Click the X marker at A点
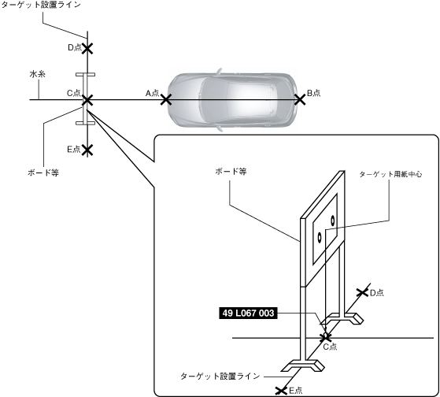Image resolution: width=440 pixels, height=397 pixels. coord(166,100)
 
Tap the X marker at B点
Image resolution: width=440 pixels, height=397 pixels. coord(300,100)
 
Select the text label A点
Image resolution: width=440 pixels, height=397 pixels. coord(153,93)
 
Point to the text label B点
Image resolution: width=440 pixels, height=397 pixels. coord(314,93)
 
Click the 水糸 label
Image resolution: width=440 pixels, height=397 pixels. coord(38,74)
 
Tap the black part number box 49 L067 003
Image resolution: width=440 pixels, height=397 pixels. coord(248,313)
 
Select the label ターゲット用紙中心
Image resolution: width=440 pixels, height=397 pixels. coord(390,174)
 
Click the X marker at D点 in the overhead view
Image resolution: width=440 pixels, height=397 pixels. coord(87,48)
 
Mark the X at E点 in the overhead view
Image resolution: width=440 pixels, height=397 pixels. coord(87,150)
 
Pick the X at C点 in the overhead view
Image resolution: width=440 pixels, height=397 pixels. coord(87,100)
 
